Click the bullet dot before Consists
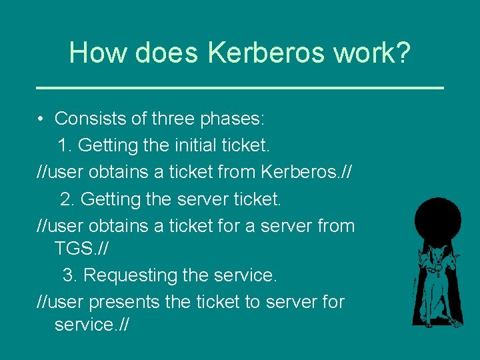tap(41, 119)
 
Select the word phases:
tap(234, 119)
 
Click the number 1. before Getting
tap(65, 145)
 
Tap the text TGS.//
tap(81, 249)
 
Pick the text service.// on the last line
tap(91, 325)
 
